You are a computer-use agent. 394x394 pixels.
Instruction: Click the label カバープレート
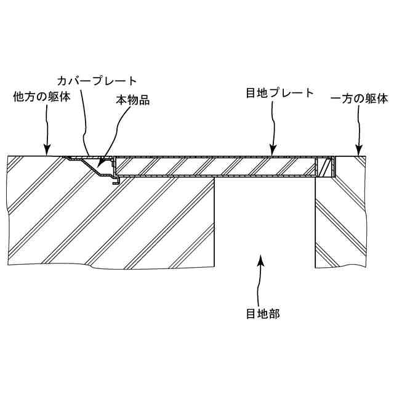[97, 81]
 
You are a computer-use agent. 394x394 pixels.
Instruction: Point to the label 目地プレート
[280, 94]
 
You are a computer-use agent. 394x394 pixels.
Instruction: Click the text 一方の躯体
[360, 98]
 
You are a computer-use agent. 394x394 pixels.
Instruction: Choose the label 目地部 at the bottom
[263, 313]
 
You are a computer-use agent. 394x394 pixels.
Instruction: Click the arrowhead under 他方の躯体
[46, 151]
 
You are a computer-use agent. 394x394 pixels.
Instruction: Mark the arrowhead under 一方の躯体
[358, 151]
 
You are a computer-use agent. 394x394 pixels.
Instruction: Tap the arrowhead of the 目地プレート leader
[273, 152]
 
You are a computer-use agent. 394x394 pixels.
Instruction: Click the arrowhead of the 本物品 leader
[101, 167]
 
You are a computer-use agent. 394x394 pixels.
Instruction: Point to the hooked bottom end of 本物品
[115, 182]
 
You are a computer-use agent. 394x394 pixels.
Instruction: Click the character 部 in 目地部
[274, 313]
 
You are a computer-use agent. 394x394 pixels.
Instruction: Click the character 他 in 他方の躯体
[19, 98]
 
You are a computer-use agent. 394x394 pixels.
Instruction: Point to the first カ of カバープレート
[62, 81]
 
